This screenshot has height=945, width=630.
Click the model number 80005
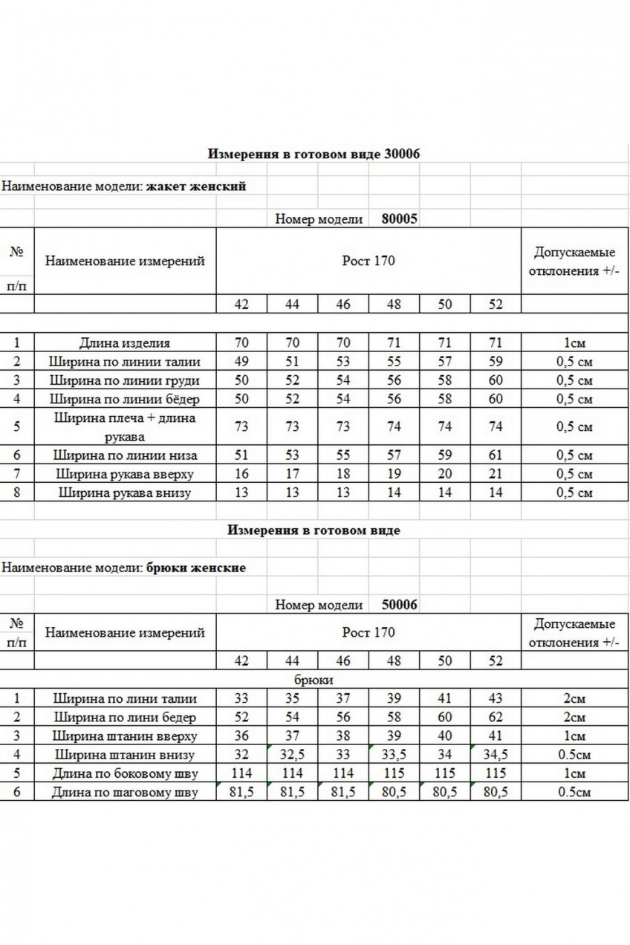point(399,219)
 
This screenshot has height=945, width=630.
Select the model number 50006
point(399,605)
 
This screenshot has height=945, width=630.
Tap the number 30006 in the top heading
point(403,154)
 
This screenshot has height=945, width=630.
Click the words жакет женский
point(195,186)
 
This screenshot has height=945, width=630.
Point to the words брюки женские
point(196,568)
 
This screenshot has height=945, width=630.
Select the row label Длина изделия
point(124,343)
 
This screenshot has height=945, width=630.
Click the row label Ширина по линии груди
point(124,380)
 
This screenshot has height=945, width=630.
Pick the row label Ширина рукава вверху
point(124,474)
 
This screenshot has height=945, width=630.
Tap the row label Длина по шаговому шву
point(124,793)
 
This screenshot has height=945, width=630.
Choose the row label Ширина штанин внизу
point(124,755)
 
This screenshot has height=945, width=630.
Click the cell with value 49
point(241,362)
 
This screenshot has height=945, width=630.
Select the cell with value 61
point(496,455)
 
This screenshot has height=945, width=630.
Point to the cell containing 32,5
point(292,755)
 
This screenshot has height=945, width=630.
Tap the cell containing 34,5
point(496,755)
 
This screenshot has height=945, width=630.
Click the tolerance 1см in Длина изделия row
point(574,343)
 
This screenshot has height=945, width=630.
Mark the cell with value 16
point(241,474)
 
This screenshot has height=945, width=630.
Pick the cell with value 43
point(496,698)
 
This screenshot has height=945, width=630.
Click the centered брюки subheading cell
point(318,680)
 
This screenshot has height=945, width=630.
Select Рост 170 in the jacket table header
point(368,261)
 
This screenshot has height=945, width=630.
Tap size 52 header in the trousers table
point(496,660)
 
